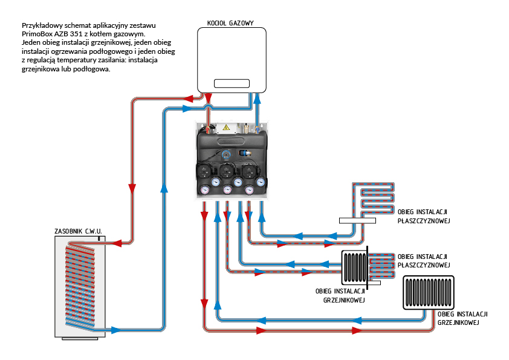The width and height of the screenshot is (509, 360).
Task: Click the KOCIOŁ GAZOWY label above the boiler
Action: coord(225,23)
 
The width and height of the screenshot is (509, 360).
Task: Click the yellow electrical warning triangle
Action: coord(227,128)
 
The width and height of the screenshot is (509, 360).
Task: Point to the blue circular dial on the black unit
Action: coord(226,154)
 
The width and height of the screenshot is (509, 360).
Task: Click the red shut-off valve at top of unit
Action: coord(209,129)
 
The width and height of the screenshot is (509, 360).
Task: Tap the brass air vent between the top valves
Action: coord(247,128)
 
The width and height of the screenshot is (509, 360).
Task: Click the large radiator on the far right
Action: coord(428,293)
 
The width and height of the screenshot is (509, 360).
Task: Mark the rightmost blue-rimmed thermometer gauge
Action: coord(261,182)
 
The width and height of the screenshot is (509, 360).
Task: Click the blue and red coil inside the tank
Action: coord(81,284)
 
